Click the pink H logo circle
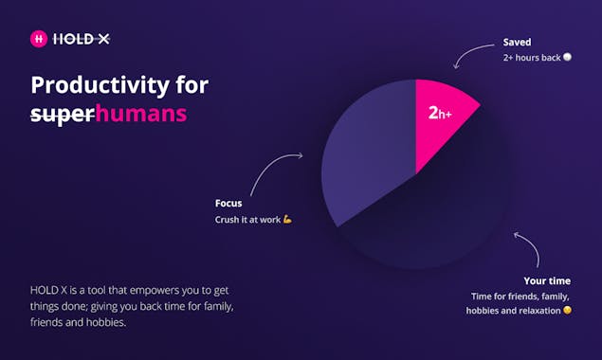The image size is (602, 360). pyautogui.click(x=39, y=39)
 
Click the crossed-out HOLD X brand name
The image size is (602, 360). pyautogui.click(x=81, y=39)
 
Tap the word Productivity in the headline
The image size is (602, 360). pyautogui.click(x=100, y=85)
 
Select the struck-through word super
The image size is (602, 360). pyautogui.click(x=63, y=115)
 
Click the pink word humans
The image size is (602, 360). pyautogui.click(x=141, y=114)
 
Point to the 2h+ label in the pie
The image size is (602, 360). pyautogui.click(x=440, y=113)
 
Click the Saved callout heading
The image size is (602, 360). pyautogui.click(x=518, y=42)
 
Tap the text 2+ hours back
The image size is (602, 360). pyautogui.click(x=532, y=58)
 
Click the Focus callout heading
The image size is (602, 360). pyautogui.click(x=228, y=203)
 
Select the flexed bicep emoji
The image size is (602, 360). pyautogui.click(x=287, y=219)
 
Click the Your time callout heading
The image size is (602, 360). pyautogui.click(x=547, y=280)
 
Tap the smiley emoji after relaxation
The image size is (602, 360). pyautogui.click(x=567, y=310)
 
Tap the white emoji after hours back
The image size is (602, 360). pyautogui.click(x=567, y=57)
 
